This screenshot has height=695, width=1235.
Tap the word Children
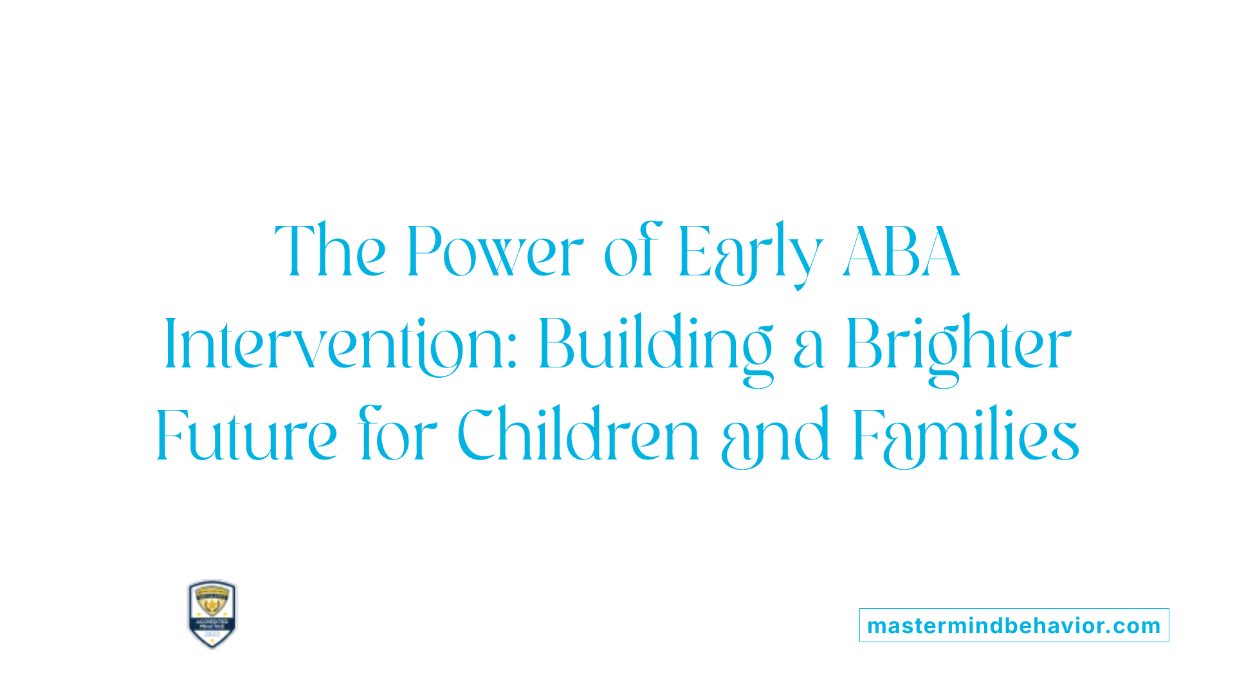pos(578,436)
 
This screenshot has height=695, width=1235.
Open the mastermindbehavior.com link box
pos(1014,625)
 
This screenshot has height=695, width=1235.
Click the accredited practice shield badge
pos(212,614)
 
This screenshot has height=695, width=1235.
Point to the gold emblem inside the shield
pos(212,604)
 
